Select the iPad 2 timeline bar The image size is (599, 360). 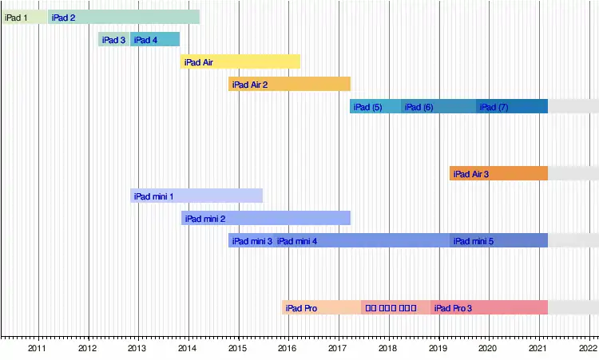click(124, 17)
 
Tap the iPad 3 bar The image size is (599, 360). click(114, 39)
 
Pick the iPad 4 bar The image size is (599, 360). click(155, 39)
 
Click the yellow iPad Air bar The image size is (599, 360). click(240, 61)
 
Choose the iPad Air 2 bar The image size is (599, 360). click(289, 84)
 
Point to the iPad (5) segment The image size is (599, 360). click(375, 106)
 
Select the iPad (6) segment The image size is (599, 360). click(438, 106)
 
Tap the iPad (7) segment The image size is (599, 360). click(512, 106)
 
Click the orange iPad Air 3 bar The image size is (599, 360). click(498, 173)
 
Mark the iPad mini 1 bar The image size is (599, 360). click(196, 196)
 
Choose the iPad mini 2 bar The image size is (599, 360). click(265, 218)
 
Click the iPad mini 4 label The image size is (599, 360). click(297, 240)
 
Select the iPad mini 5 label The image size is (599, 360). click(474, 240)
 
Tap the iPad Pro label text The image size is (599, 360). click(302, 307)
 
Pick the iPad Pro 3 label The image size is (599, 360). click(453, 307)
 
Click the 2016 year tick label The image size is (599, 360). click(288, 348)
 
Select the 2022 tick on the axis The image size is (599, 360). click(589, 348)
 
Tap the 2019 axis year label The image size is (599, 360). click(438, 348)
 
